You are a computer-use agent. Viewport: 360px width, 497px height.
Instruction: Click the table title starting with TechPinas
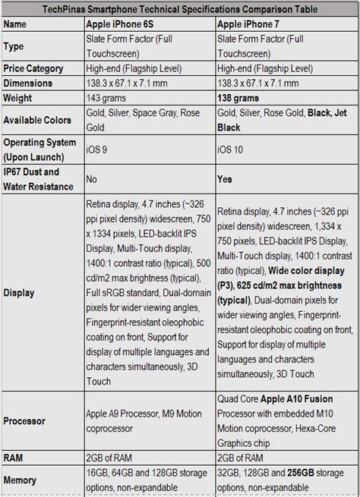tap(181, 9)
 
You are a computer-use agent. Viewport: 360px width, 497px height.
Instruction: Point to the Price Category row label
tap(34, 67)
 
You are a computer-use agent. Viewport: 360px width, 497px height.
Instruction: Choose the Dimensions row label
tap(30, 83)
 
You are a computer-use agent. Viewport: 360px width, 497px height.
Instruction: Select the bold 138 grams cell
tap(242, 99)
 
